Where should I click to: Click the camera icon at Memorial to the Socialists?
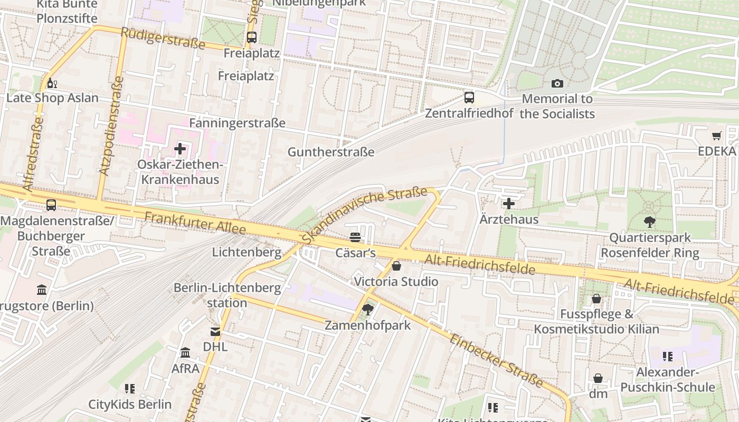point(557,83)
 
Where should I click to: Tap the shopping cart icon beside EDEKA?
point(716,136)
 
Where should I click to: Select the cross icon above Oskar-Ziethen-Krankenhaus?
point(180,149)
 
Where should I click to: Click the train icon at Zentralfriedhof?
point(469,98)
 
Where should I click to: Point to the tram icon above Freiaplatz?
point(252,37)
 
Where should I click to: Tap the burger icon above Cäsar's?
point(355,238)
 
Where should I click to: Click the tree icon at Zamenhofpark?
point(368,310)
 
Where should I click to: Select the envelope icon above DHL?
point(215,332)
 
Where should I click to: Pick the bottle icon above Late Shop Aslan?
point(52,83)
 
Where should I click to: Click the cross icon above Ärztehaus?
point(509,203)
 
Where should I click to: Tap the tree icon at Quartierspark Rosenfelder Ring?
point(650,222)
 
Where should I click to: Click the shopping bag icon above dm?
point(598,378)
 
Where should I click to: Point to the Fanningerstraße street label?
point(237,123)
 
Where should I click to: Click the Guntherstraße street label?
point(330,152)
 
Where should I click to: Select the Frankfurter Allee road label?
point(195,223)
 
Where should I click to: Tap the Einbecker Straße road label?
point(496,360)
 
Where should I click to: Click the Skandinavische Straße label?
point(364,214)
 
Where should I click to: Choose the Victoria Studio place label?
point(396,281)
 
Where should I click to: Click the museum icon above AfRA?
point(185,352)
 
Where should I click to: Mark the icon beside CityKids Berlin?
point(130,389)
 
